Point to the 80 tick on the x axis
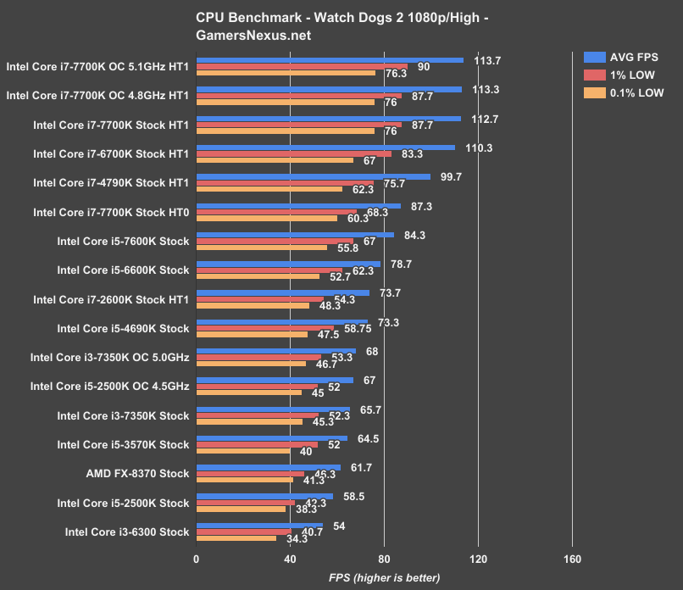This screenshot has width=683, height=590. [384, 559]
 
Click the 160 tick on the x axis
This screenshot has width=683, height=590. [572, 559]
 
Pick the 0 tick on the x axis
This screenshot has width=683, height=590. [197, 559]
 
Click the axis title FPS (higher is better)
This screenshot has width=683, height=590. [384, 577]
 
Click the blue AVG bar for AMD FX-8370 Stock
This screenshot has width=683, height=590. [269, 467]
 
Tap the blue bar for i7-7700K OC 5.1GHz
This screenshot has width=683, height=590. [330, 60]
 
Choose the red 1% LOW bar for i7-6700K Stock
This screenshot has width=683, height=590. [294, 153]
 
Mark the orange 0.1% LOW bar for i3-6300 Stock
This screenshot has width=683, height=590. [236, 537]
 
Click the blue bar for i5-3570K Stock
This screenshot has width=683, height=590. [272, 438]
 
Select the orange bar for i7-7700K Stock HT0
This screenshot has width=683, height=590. [267, 218]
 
